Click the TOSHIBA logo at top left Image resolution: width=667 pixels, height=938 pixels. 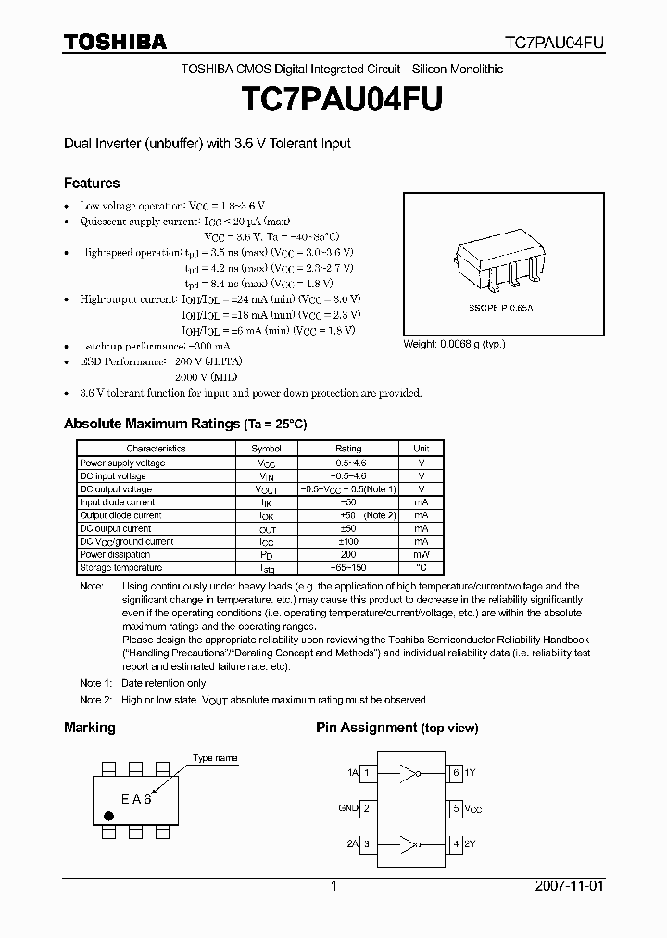pos(115,42)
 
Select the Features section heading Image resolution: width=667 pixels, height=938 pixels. pos(91,184)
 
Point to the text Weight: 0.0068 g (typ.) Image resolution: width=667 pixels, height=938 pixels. pos(454,344)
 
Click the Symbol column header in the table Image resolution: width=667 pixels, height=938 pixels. pos(266,449)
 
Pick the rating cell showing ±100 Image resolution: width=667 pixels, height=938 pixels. pos(348,541)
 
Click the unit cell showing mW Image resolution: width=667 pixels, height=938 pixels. pos(421,554)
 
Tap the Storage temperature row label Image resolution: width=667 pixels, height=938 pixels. pos(120,567)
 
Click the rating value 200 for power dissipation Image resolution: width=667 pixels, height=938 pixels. pos(348,554)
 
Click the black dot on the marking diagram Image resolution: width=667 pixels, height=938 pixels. pos(108,816)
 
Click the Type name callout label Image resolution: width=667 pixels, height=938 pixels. pos(215,758)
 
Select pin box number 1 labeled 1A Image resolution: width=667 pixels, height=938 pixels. pos(367,772)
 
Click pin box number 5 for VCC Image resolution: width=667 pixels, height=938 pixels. pos(455,808)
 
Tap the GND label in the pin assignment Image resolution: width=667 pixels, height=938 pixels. pos(348,808)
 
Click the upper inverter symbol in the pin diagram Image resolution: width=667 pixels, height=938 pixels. pos(409,772)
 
